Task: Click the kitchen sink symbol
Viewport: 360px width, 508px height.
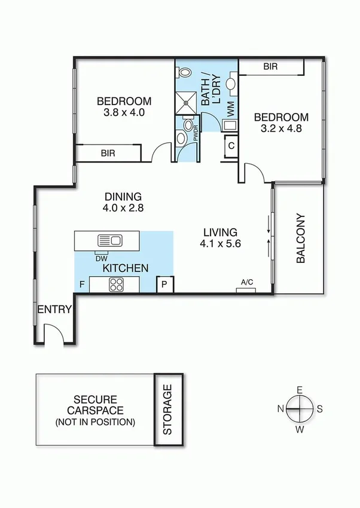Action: pos(109,240)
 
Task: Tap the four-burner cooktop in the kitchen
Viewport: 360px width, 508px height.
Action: pos(115,285)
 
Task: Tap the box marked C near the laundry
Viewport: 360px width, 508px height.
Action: pos(231,145)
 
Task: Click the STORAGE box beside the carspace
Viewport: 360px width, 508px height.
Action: pos(167,409)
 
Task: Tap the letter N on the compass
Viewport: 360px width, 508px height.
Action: pos(280,409)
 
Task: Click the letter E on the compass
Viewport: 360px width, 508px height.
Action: pos(300,390)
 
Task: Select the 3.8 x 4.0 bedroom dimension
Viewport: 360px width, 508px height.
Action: pos(124,112)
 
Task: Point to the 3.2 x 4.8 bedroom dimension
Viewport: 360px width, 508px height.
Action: pos(281,128)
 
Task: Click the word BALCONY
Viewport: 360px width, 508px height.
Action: pos(300,238)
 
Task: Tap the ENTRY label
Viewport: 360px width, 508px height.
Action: pos(54,310)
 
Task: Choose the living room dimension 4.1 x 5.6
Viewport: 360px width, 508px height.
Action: pos(221,243)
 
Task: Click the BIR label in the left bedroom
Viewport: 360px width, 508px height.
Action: pos(108,153)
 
